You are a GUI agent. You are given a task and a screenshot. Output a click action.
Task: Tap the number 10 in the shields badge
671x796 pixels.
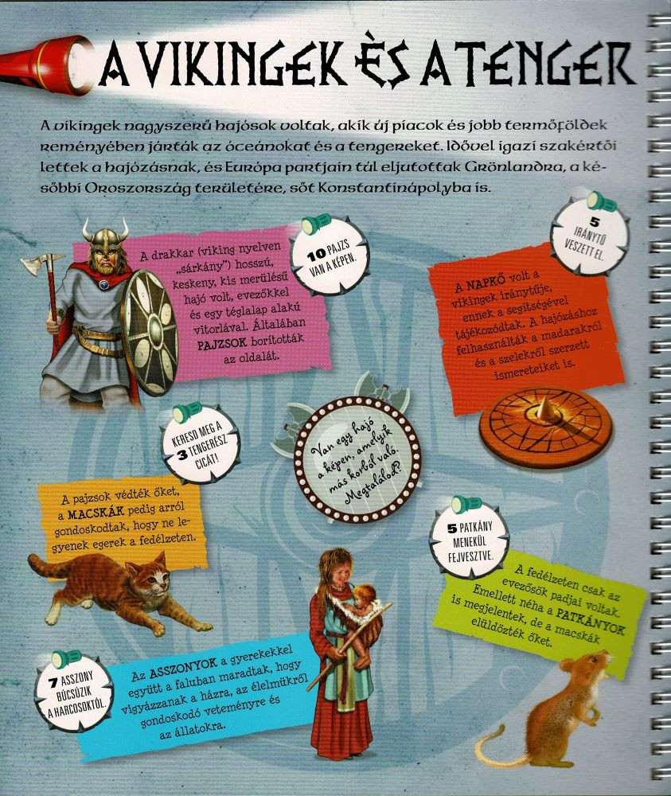316,256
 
